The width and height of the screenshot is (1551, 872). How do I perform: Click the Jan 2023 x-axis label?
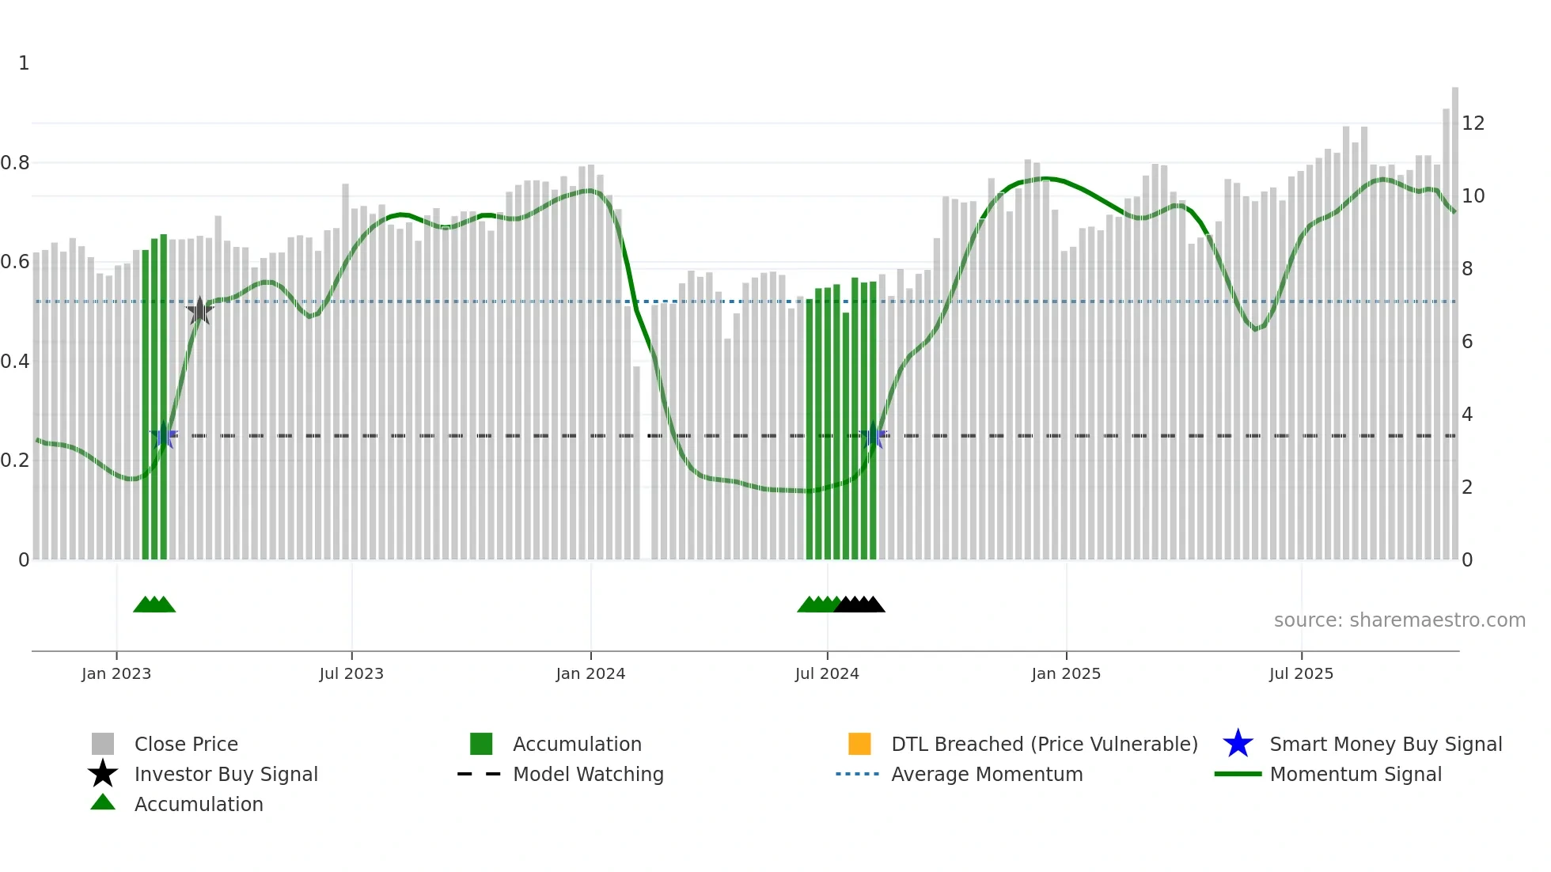coord(116,673)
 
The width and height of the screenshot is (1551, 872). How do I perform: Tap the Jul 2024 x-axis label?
coord(827,673)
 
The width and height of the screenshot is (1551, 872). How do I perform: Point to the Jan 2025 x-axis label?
coord(1066,673)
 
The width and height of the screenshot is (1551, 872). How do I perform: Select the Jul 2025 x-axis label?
coord(1301,673)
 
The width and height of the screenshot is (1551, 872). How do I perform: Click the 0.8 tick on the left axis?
coord(15,163)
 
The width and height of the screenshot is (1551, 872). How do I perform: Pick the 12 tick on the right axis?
coord(1473,123)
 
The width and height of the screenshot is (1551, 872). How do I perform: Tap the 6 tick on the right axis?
coord(1467,342)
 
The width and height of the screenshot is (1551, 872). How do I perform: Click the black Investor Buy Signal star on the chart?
coord(200,311)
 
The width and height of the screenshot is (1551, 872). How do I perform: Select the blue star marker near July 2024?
coord(874,435)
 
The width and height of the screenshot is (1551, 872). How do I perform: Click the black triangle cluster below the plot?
coord(859,605)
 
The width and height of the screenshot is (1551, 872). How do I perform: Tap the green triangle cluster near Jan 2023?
coord(154,605)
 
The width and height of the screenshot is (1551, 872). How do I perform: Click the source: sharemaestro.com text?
coord(1399,620)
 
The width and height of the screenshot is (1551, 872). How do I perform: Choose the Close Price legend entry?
coord(186,744)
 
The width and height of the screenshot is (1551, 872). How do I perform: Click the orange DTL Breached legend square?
coord(859,744)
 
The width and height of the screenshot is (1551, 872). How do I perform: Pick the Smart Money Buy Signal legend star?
coord(1238,744)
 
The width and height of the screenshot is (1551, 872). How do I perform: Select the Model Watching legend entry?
coord(588,774)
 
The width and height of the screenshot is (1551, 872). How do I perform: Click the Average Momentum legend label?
coord(987,774)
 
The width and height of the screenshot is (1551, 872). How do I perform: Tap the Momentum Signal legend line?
coord(1238,774)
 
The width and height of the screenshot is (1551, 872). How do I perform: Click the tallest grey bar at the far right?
coord(1454,317)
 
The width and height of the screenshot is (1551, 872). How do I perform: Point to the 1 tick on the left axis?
coord(24,63)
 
